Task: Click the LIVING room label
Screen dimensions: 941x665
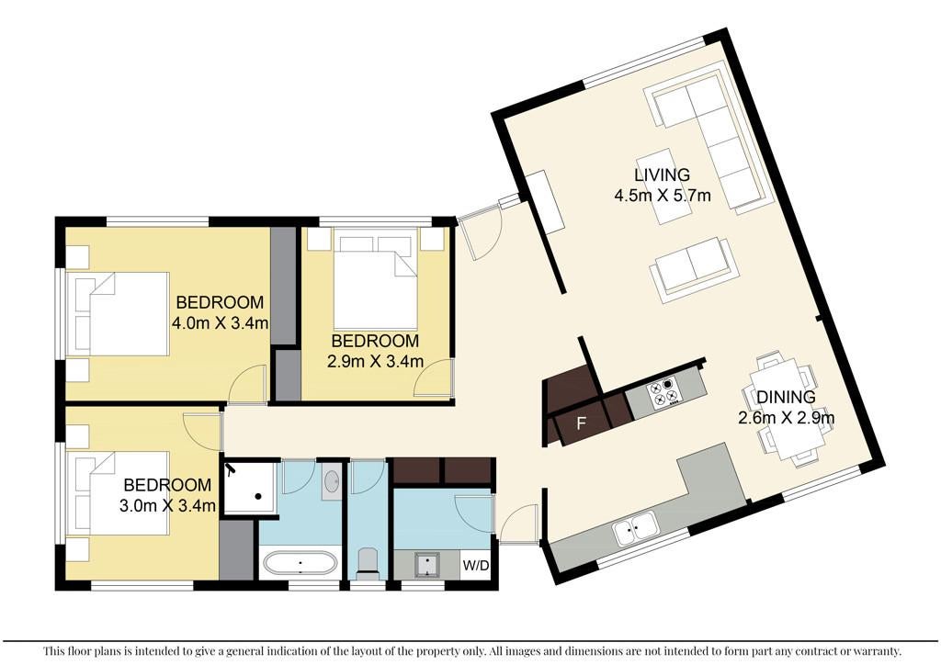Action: (x=662, y=175)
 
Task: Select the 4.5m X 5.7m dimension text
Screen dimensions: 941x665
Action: (x=662, y=196)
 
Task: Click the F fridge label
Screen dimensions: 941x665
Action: (x=581, y=424)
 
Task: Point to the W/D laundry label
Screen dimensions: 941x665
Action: (x=476, y=566)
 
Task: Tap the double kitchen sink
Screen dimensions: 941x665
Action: (x=636, y=529)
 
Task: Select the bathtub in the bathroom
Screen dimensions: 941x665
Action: (x=300, y=564)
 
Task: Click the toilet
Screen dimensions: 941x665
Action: (x=367, y=562)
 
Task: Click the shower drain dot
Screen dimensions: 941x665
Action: (x=258, y=497)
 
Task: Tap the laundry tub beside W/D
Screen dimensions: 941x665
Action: (x=426, y=565)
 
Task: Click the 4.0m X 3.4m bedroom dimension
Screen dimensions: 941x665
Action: (x=220, y=324)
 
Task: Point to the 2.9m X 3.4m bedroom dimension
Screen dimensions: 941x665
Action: (x=375, y=362)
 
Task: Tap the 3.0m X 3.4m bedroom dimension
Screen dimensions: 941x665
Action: (x=167, y=505)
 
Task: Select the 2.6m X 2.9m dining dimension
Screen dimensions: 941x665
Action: (x=786, y=417)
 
